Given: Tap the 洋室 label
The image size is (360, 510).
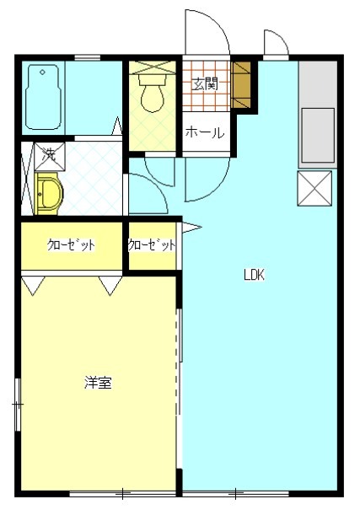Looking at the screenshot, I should pyautogui.click(x=98, y=383).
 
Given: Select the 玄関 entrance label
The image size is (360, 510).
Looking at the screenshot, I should pyautogui.click(x=204, y=83).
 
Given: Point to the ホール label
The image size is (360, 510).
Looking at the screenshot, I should pyautogui.click(x=204, y=132).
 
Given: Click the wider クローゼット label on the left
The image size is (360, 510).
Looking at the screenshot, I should pyautogui.click(x=71, y=246).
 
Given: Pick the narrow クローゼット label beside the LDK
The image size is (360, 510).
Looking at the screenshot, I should pyautogui.click(x=152, y=246).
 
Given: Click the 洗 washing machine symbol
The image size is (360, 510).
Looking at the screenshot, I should pyautogui.click(x=49, y=155).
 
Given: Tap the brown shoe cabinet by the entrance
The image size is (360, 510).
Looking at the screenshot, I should pyautogui.click(x=242, y=85).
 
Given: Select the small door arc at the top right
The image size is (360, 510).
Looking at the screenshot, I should pyautogui.click(x=276, y=42).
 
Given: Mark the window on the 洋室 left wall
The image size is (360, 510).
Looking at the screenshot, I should pyautogui.click(x=17, y=405).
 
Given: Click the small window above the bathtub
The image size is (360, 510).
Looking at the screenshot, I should pyautogui.click(x=87, y=57).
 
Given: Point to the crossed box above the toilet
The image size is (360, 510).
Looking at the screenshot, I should pyautogui.click(x=153, y=67).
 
